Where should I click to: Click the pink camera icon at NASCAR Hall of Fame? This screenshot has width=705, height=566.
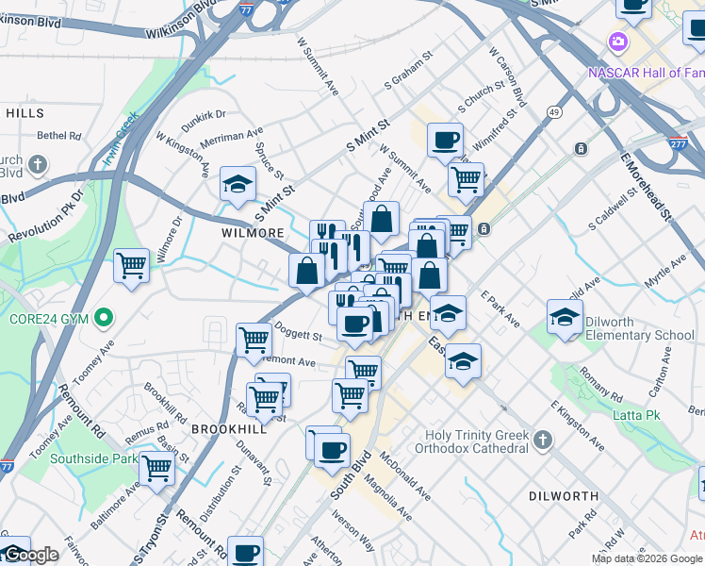tap(618, 42)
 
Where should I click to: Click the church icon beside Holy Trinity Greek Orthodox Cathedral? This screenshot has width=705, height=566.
tap(543, 441)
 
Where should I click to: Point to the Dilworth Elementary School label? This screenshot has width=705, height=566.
tap(639, 328)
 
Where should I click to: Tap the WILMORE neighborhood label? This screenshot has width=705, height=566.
tap(253, 232)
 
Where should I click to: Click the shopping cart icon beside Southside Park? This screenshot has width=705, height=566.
tap(156, 467)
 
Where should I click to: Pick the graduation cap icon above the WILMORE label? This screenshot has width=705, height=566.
tap(238, 183)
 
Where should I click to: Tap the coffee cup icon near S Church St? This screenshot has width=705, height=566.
tap(445, 141)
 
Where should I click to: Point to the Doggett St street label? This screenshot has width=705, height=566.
tap(298, 331)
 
